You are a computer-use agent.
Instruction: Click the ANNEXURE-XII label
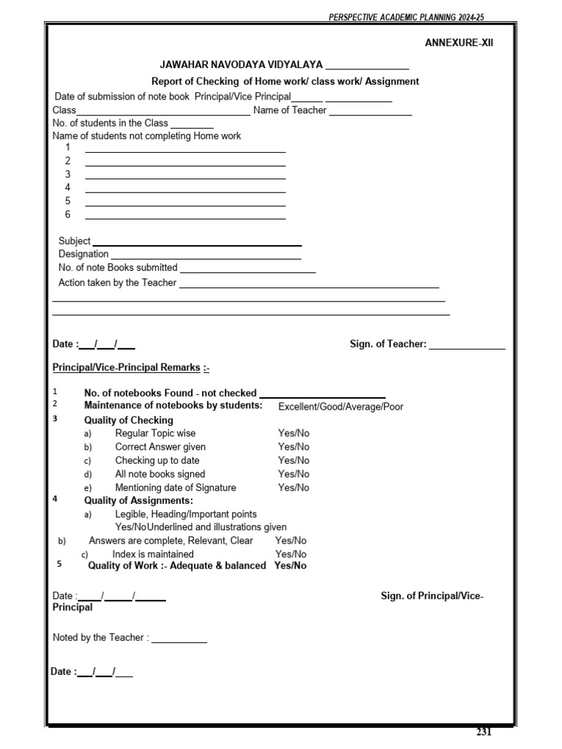(x=459, y=42)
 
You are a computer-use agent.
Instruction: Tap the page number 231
(x=484, y=732)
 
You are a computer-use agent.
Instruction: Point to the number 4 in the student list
(x=68, y=187)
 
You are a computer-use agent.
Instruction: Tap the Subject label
(x=74, y=241)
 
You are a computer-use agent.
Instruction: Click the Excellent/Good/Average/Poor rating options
(x=340, y=407)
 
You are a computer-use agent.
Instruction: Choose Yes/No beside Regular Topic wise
(x=293, y=433)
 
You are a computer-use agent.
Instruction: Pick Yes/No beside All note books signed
(x=293, y=474)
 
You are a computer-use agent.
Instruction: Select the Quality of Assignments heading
(x=138, y=500)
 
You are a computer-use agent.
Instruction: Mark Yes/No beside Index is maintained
(x=291, y=554)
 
